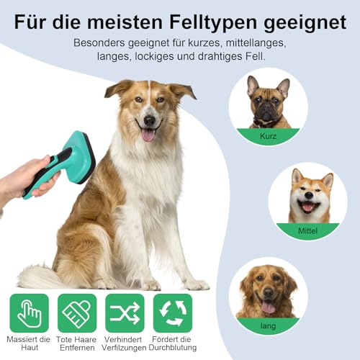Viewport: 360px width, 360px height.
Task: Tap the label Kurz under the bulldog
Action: point(268,135)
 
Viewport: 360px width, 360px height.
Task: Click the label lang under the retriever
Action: point(268,323)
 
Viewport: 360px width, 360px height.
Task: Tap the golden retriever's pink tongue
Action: point(268,307)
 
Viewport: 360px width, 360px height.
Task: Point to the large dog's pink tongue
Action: point(148,135)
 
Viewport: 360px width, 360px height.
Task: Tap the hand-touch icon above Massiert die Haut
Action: point(29,312)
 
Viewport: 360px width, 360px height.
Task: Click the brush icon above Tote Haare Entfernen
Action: point(77,312)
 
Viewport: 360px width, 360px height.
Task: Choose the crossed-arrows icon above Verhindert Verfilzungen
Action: point(125,312)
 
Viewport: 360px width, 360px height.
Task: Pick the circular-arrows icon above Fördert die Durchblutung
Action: point(173,312)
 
